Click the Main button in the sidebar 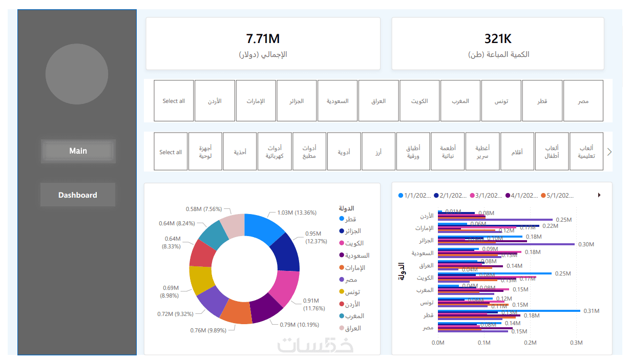pos(78,151)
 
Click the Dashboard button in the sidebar pos(78,195)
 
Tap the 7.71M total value pos(263,38)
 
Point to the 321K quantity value pos(498,38)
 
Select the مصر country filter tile pos(583,101)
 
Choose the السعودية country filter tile pos(338,101)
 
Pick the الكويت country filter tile pos(419,101)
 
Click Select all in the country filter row pos(174,101)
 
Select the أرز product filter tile pos(378,152)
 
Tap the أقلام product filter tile pos(517,152)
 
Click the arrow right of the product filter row pos(609,152)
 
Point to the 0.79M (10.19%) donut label pos(299,324)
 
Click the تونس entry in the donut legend pos(352,292)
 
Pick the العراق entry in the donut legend pos(352,328)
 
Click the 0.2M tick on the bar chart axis pos(530,343)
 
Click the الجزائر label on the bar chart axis pos(426,240)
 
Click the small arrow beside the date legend pos(599,195)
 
